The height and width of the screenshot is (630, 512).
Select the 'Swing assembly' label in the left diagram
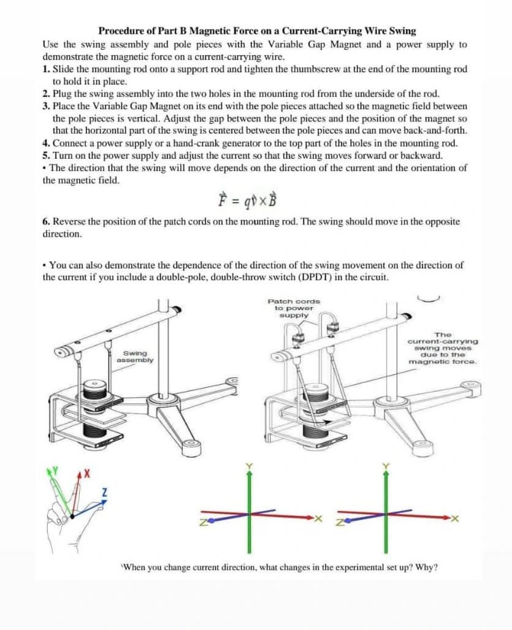pos(136,357)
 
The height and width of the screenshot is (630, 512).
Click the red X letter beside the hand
pos(87,474)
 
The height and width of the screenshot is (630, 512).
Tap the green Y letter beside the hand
pos(53,471)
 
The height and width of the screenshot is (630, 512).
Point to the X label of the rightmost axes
pos(455,519)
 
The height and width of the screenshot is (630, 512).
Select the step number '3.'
pos(47,106)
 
